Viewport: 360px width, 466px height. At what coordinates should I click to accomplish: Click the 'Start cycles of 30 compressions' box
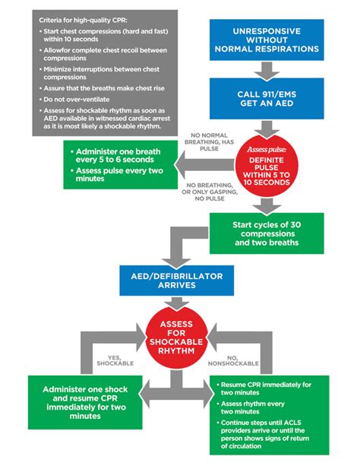[x=267, y=232]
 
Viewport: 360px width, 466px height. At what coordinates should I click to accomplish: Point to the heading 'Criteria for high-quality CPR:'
[x=80, y=17]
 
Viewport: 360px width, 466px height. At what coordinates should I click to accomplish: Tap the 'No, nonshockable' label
[x=243, y=362]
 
